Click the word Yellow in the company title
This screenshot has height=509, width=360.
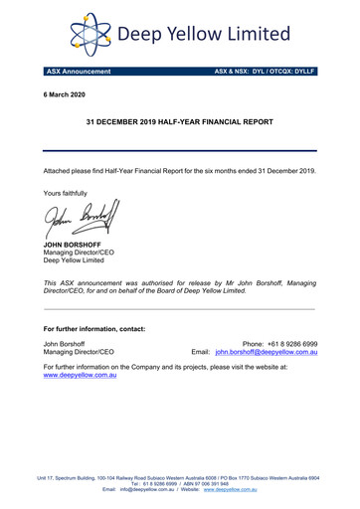click(203, 35)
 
